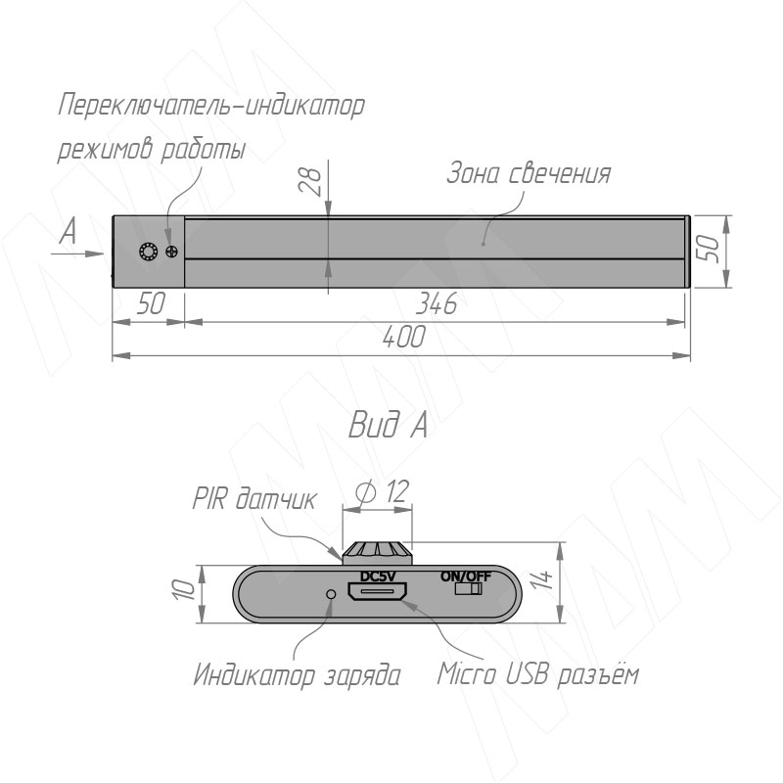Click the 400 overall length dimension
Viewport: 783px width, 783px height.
404,337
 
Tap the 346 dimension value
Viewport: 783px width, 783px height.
437,303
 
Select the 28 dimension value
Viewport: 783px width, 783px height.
310,180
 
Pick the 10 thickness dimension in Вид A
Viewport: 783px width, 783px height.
184,589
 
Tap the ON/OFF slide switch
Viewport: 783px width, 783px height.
468,589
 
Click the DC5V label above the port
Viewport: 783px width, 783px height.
378,576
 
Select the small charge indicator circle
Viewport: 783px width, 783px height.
331,594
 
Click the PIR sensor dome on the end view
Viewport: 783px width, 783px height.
378,553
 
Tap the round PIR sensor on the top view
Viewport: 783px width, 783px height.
149,251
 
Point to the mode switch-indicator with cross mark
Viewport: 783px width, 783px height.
172,252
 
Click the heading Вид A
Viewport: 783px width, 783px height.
388,425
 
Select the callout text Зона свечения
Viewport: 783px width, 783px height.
529,173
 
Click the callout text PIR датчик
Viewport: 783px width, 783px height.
254,498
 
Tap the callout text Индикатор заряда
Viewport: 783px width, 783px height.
297,674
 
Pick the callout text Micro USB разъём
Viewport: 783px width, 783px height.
537,673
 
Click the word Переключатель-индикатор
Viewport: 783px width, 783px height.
211,106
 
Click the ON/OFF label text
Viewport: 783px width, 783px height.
466,576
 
